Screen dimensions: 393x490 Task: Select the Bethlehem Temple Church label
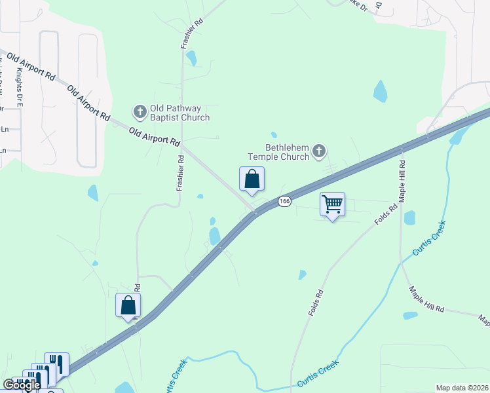(x=278, y=152)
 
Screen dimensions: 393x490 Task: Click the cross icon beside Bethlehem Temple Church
(x=318, y=152)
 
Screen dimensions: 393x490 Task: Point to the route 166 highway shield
(x=284, y=201)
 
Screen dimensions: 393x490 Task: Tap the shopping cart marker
(x=332, y=204)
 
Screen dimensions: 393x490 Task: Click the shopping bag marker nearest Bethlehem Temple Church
(x=252, y=179)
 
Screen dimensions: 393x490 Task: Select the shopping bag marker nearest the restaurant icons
(x=128, y=306)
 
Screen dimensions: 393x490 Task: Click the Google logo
(x=22, y=385)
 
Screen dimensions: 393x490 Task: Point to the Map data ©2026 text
(x=462, y=387)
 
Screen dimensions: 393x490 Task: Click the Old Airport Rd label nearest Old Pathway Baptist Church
(x=155, y=137)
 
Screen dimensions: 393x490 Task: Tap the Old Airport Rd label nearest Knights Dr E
(x=31, y=64)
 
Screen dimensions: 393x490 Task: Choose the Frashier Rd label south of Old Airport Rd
(x=179, y=173)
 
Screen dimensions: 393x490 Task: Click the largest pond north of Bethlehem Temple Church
(x=380, y=91)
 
